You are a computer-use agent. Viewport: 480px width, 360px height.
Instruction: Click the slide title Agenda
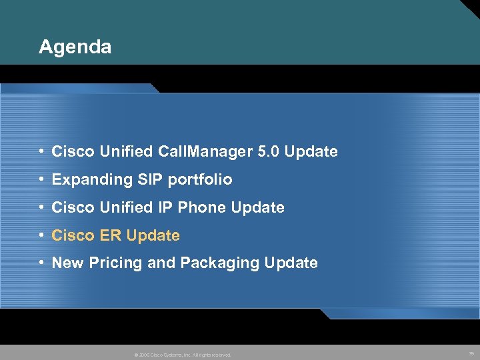point(75,47)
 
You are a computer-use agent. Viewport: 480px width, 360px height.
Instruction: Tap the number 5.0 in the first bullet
point(268,152)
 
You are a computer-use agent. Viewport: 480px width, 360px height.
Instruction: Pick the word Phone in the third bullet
point(201,208)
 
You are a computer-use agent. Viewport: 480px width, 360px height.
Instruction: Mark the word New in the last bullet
point(67,263)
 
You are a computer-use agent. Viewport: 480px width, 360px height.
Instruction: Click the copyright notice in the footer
point(183,355)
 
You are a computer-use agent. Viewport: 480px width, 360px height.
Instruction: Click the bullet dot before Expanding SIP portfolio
point(42,180)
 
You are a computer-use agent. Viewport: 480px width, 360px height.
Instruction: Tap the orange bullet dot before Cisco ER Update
point(42,235)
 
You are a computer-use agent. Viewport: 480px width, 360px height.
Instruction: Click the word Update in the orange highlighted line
point(153,235)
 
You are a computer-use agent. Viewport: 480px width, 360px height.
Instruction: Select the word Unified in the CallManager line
point(127,152)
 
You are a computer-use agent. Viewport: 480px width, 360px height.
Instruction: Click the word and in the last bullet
point(161,263)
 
